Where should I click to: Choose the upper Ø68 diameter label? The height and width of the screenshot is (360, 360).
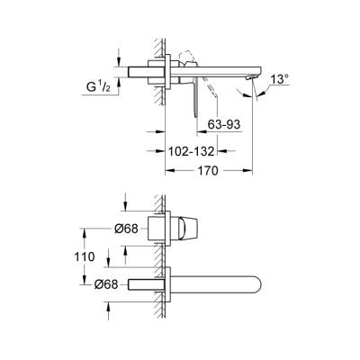127,228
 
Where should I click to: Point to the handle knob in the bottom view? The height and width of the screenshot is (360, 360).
192,227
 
